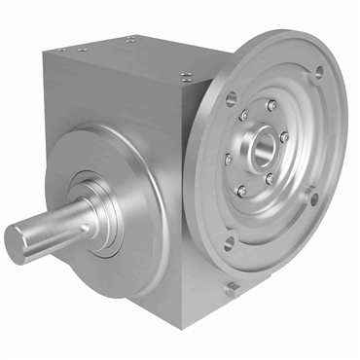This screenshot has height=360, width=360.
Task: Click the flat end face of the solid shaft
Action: tap(21, 236)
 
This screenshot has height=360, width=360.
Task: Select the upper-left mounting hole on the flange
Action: tap(231, 96)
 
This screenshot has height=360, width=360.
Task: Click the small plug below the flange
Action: tap(232, 287)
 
